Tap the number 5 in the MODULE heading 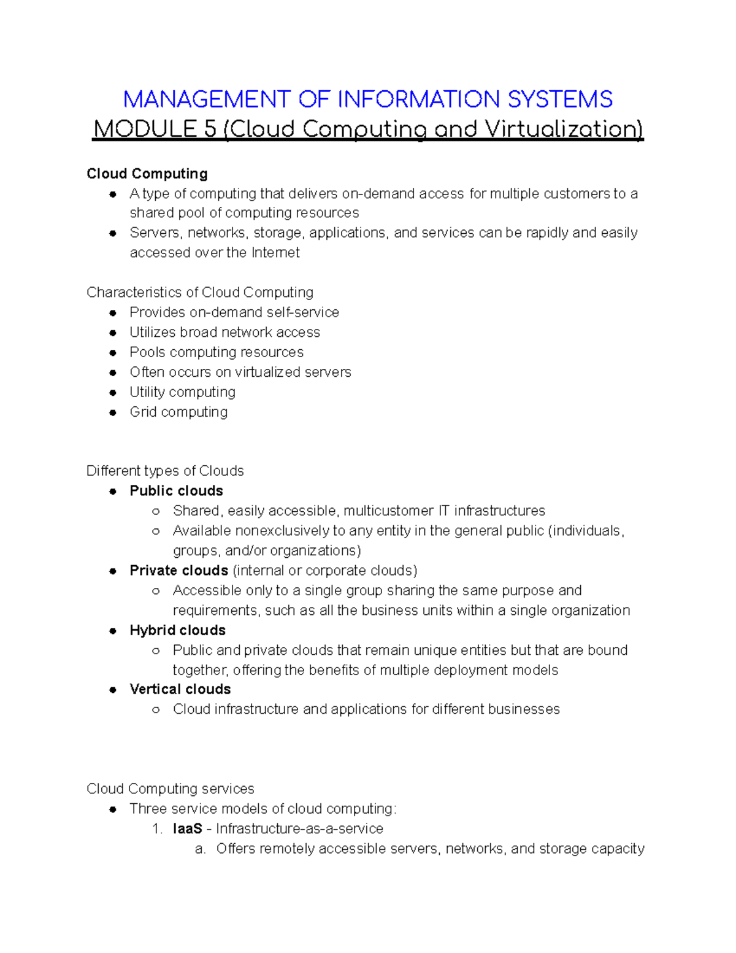point(210,129)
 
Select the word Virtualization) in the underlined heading point(564,129)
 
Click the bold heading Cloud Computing point(147,174)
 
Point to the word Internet point(275,253)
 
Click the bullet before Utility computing point(113,393)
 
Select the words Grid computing point(178,412)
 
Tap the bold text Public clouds point(176,491)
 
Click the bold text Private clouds point(178,571)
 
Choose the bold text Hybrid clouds point(177,630)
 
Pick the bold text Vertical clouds point(180,689)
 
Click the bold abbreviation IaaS point(187,829)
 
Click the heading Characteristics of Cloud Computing point(200,292)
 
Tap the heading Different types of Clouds point(165,471)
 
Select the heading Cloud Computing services point(170,789)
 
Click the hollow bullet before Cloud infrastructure point(156,710)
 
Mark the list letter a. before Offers point(199,849)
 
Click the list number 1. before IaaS point(157,829)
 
